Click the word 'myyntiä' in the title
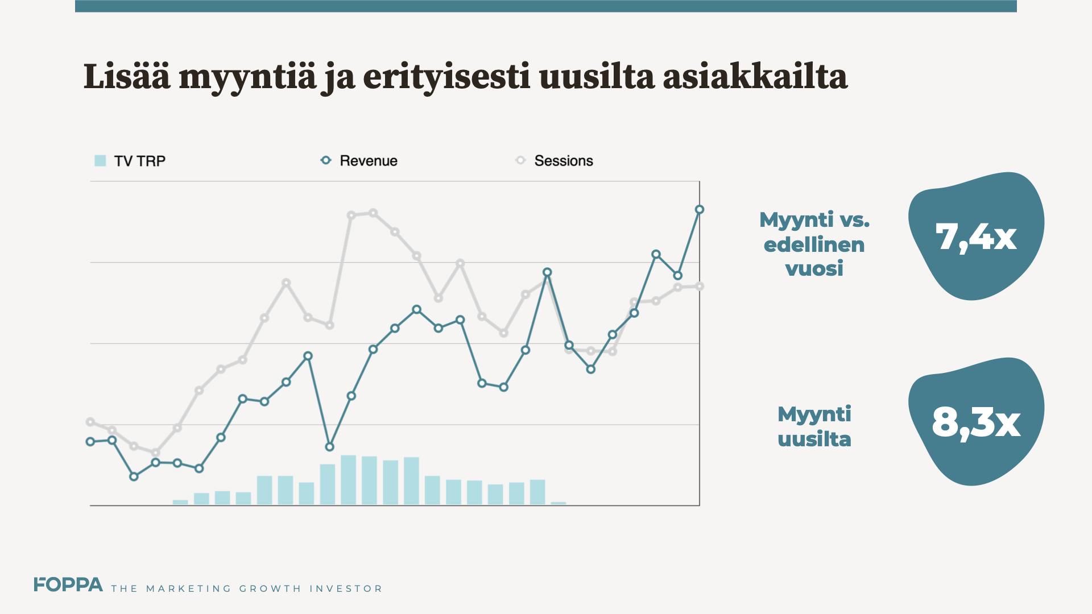click(x=247, y=77)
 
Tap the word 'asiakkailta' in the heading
click(x=755, y=77)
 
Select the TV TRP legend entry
click(x=130, y=161)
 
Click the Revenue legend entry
click(x=359, y=161)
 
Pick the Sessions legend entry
click(x=555, y=161)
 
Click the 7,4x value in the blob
click(x=975, y=237)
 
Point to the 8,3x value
click(x=976, y=422)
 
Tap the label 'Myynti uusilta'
click(x=814, y=426)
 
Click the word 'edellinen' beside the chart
click(x=814, y=244)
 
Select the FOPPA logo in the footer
click(x=68, y=585)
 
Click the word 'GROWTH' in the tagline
click(x=270, y=588)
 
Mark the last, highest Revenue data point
click(x=700, y=210)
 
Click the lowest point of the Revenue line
click(x=329, y=447)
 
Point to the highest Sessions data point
click(x=373, y=213)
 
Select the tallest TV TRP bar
click(x=348, y=480)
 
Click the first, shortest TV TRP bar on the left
click(x=180, y=502)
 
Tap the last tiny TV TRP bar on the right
click(x=559, y=503)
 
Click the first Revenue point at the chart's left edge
click(x=90, y=442)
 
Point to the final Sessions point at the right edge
click(x=700, y=287)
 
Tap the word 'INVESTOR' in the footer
click(x=346, y=588)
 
